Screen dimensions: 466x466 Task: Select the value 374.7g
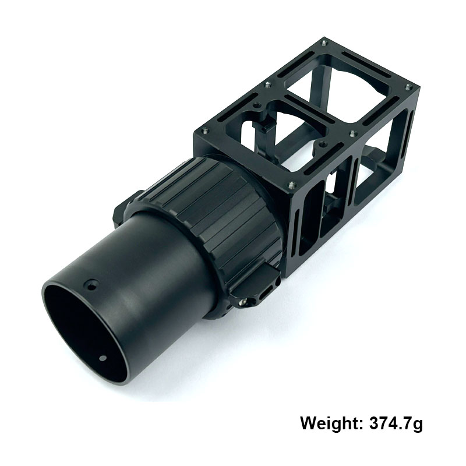396,423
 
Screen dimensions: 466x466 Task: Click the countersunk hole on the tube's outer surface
91,286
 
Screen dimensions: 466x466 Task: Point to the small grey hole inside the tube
103,358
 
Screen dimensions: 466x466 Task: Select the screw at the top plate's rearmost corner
324,43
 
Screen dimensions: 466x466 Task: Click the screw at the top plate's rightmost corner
408,87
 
